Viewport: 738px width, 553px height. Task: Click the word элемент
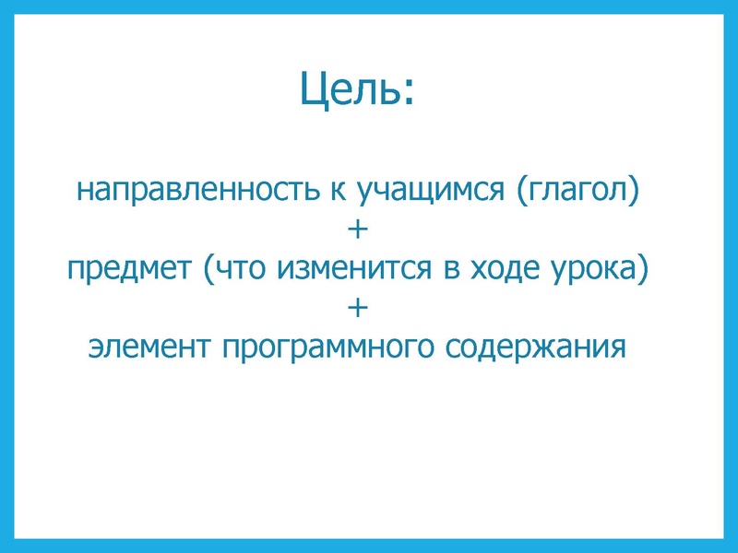pyautogui.click(x=142, y=348)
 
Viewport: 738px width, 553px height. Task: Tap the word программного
pyautogui.click(x=320, y=348)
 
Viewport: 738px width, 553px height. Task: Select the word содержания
pyautogui.click(x=537, y=348)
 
